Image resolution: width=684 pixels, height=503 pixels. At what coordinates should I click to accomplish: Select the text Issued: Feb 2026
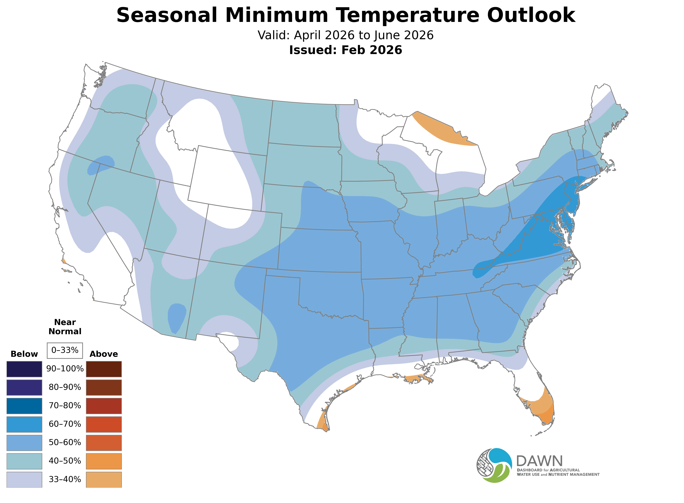(345, 50)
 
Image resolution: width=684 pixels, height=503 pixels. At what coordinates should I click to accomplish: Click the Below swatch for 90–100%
(24, 369)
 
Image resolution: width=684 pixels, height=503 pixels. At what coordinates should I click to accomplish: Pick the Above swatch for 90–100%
(104, 369)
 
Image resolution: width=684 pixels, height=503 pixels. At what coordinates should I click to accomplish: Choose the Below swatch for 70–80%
(24, 406)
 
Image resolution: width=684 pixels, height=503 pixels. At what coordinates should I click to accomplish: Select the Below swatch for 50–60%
(24, 443)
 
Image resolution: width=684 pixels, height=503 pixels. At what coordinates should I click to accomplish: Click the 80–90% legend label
(65, 387)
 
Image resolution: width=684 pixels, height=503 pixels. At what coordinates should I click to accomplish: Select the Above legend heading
(104, 354)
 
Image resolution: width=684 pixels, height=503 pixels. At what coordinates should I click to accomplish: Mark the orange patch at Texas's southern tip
(322, 423)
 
